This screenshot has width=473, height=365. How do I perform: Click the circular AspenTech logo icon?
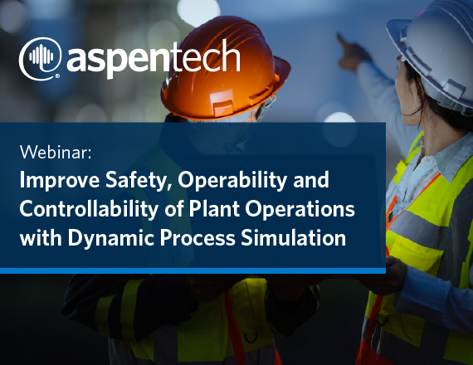pos(40,58)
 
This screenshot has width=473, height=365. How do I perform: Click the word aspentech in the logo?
pos(154,59)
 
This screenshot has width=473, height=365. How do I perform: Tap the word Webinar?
pos(56,152)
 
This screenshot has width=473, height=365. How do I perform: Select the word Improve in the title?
pos(60,180)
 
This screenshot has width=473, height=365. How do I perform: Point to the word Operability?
pos(232,181)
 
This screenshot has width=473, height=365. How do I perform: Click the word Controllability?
pos(89,209)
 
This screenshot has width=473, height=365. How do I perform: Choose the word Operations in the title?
pos(300,209)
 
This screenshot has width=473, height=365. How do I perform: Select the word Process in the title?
pos(197,238)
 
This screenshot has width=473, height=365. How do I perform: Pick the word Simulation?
pos(293,238)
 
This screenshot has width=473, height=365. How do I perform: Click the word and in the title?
pos(310,179)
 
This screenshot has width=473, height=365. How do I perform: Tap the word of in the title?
pos(173,209)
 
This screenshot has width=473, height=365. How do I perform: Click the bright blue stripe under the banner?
pos(193,270)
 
